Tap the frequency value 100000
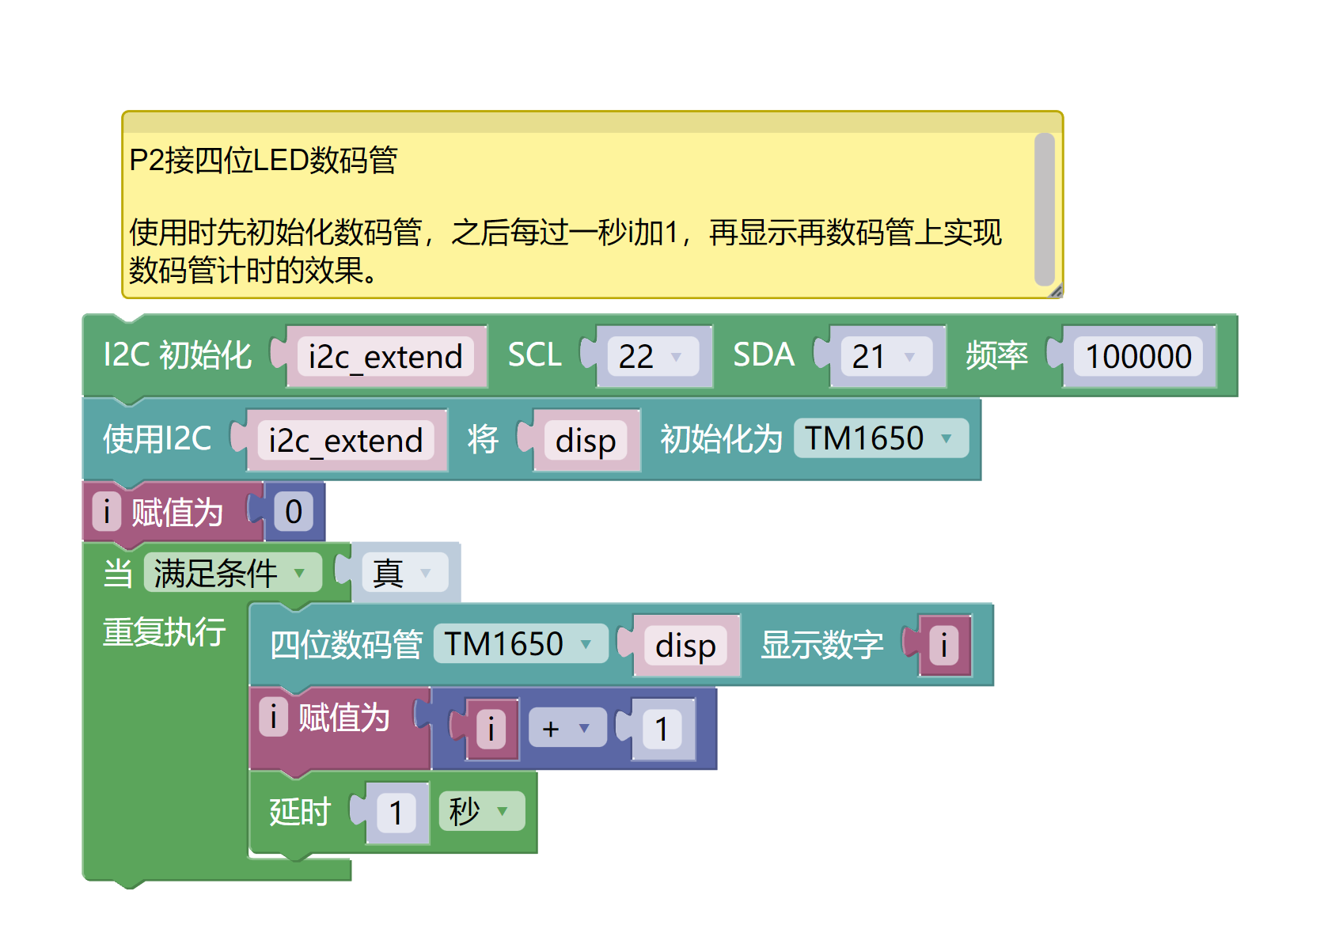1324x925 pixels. coord(1137,357)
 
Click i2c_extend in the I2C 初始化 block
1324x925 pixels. coord(385,357)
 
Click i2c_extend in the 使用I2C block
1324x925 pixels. coord(346,441)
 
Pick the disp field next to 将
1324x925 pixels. coord(586,441)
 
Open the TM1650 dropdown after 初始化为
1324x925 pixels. coord(879,438)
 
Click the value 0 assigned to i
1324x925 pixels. coord(294,512)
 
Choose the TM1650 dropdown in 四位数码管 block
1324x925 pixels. coord(519,644)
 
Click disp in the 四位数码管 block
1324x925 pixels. coord(685,646)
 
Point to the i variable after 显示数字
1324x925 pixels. coord(943,646)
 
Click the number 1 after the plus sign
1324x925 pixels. coord(662,729)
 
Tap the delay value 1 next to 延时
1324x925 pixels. coord(396,813)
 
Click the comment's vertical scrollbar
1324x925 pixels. coord(1044,209)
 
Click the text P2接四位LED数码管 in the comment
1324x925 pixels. coord(263,161)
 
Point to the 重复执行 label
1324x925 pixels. coord(165,632)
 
